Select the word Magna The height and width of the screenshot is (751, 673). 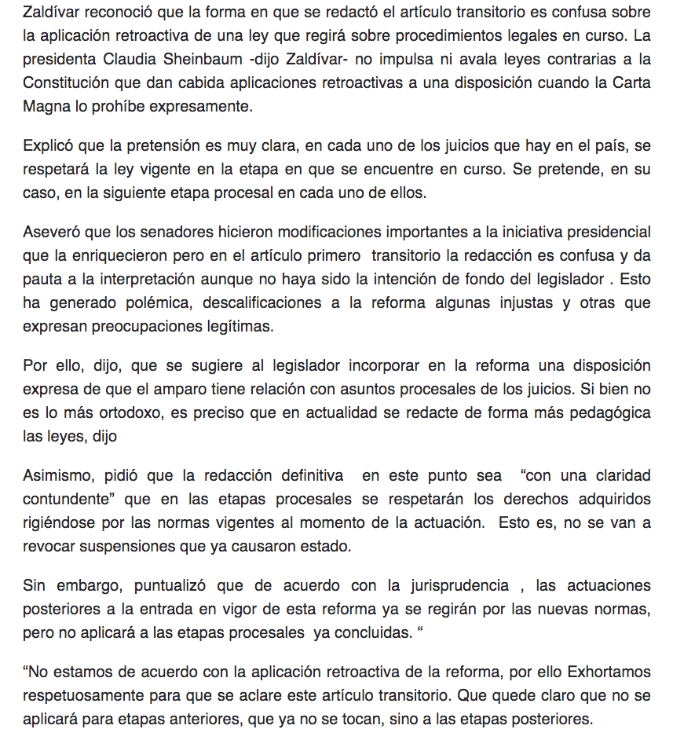click(x=45, y=106)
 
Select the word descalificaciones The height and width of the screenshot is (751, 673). click(x=307, y=302)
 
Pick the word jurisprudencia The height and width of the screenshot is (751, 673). click(x=444, y=585)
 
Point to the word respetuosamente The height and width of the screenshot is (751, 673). click(x=82, y=695)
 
